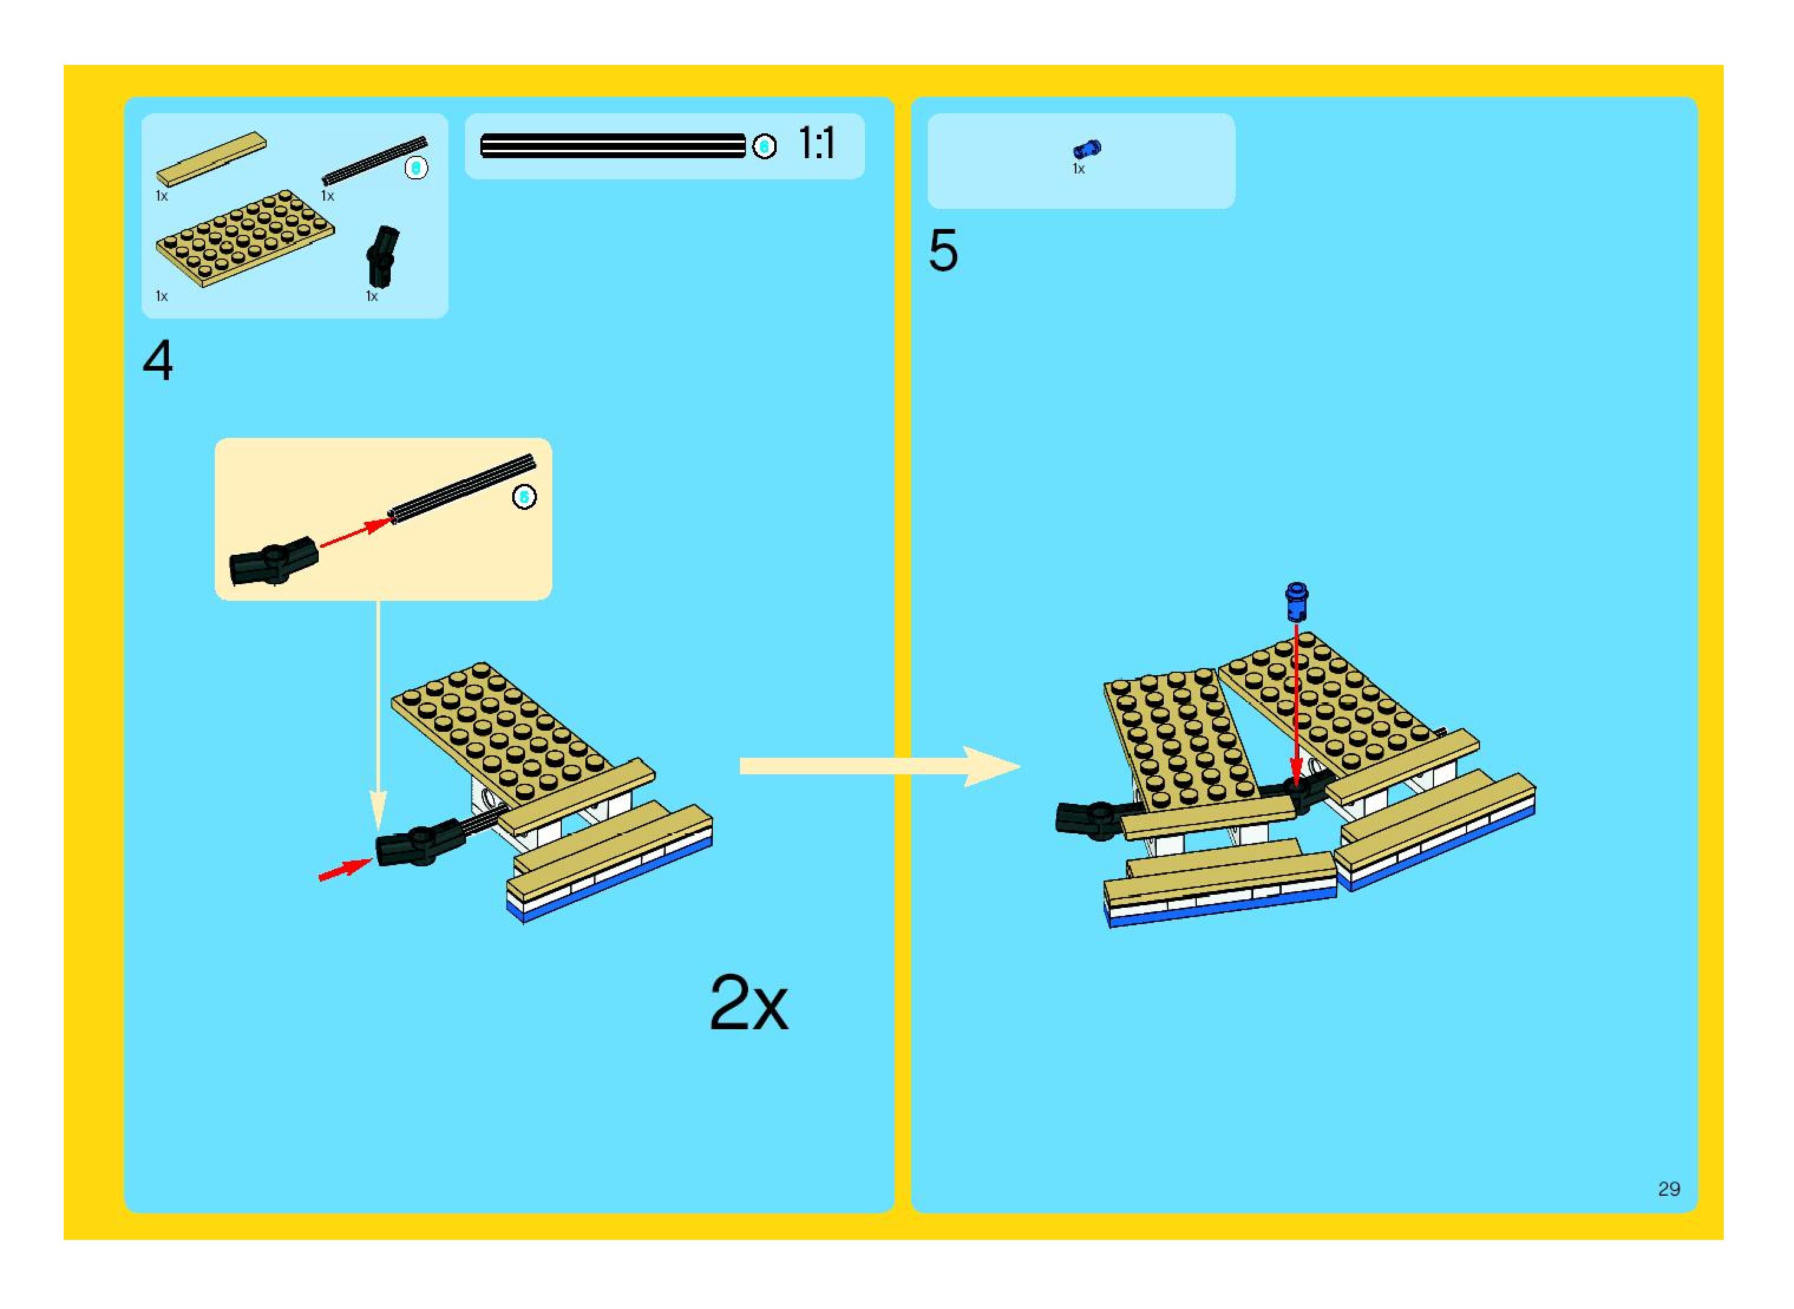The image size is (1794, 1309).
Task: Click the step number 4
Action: tap(158, 361)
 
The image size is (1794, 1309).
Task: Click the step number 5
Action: tap(943, 251)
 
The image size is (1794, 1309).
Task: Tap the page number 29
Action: tap(1669, 1189)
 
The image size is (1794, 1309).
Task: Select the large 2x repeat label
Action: tap(748, 1004)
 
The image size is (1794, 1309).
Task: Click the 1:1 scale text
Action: tap(816, 144)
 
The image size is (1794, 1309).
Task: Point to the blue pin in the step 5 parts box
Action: tap(1086, 148)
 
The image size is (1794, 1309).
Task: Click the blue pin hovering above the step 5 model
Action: tap(1297, 601)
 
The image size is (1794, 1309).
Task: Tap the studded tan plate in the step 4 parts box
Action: tap(245, 237)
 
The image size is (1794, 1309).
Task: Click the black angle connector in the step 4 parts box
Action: tap(382, 255)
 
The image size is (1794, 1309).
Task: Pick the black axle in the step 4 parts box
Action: tap(374, 160)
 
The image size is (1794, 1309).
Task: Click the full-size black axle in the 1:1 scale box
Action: tap(613, 146)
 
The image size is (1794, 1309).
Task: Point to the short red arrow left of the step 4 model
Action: tap(344, 869)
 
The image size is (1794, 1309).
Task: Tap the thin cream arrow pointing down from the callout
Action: tap(378, 713)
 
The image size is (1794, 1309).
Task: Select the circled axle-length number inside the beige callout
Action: tap(524, 497)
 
